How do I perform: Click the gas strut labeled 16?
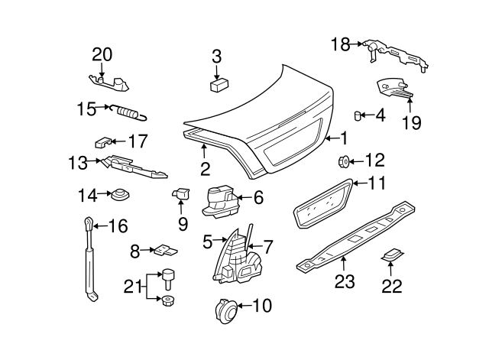click(x=90, y=260)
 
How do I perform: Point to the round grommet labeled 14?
click(x=118, y=196)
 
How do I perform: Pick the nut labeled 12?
click(x=344, y=161)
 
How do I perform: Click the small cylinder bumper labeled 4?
click(x=357, y=115)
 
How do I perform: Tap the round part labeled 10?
click(x=227, y=310)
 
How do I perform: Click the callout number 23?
click(x=344, y=282)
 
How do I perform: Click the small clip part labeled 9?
click(x=181, y=193)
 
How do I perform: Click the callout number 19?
click(x=412, y=122)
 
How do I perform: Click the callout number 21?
click(x=133, y=287)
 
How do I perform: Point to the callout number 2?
click(x=205, y=168)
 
